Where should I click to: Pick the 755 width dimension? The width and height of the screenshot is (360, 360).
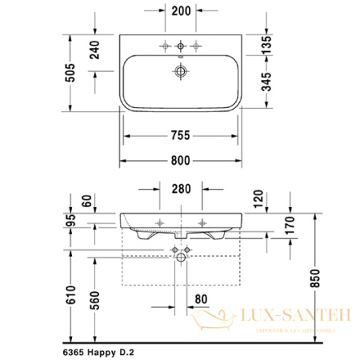(x=181, y=135)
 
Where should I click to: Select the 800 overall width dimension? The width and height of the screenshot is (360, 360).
(x=181, y=160)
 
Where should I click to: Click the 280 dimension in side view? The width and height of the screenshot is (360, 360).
(x=180, y=190)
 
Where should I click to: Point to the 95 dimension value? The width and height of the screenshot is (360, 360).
(x=72, y=221)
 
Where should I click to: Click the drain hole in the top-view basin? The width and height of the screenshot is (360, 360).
(x=181, y=72)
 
